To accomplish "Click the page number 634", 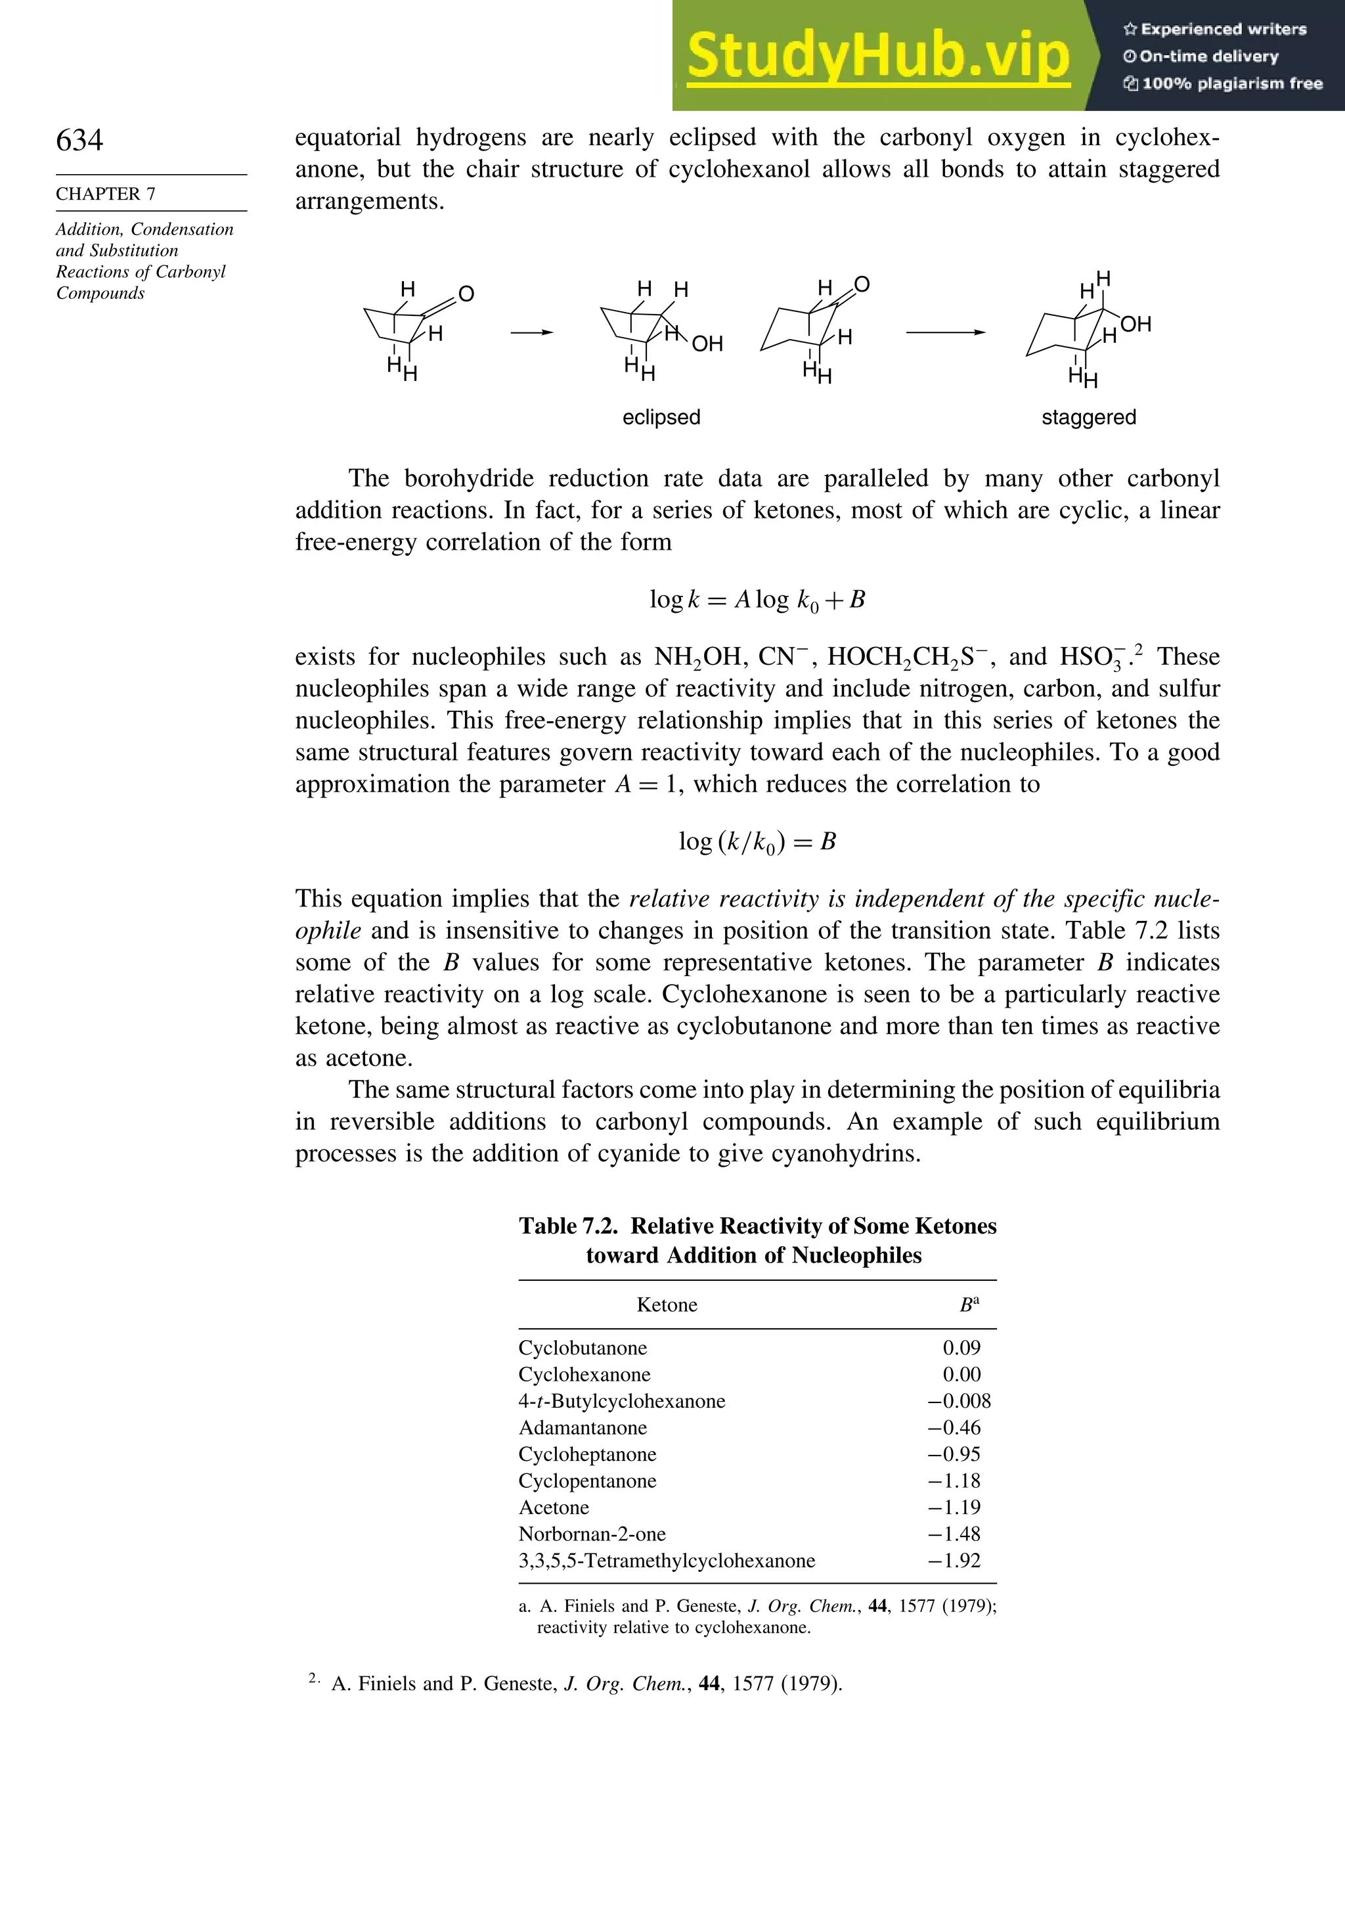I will coord(79,140).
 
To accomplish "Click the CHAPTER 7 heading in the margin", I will coord(106,194).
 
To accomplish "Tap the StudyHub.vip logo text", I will coord(878,56).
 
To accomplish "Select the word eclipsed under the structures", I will coord(661,417).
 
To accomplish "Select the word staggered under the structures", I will coord(1088,417).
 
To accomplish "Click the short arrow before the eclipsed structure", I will coord(533,332).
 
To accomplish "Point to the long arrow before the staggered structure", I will coord(945,332).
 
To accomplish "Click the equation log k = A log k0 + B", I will coord(757,599).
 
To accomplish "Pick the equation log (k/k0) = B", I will coord(757,841).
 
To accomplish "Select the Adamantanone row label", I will coord(583,1427).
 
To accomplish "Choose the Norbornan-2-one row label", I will coord(592,1534).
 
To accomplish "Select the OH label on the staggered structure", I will coord(1136,324).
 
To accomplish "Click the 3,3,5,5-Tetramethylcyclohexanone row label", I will coord(666,1560).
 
